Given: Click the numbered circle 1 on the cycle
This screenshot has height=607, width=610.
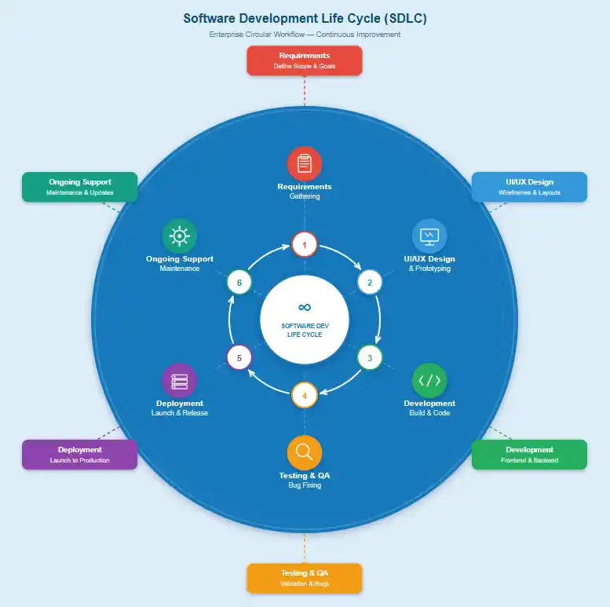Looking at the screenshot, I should click(305, 245).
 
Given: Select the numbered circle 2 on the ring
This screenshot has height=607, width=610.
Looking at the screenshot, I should click(370, 282).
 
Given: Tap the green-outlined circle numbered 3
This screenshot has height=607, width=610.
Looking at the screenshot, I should click(370, 358).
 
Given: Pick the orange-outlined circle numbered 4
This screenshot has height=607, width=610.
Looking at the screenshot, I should click(305, 395).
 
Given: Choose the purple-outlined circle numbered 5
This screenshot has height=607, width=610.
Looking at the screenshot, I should click(239, 358).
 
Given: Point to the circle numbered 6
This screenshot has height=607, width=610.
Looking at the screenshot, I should click(239, 282).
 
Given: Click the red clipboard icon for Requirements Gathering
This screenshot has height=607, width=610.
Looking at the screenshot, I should click(305, 164).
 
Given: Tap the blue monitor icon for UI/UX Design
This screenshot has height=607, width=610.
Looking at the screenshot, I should click(429, 236).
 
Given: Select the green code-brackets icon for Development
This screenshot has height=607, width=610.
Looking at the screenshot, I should click(429, 381).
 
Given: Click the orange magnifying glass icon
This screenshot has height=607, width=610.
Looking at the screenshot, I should click(305, 452).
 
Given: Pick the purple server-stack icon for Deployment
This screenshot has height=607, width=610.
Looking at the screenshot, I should click(180, 381).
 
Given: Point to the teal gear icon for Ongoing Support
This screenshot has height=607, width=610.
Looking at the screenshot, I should click(180, 236).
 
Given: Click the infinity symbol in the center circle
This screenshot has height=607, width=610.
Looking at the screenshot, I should click(305, 307).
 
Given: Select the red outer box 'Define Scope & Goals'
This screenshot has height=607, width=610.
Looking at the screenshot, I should click(305, 60).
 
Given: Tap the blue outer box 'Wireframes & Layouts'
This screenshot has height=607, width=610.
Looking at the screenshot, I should click(529, 187).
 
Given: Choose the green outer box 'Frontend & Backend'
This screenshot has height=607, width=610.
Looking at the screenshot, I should click(529, 455).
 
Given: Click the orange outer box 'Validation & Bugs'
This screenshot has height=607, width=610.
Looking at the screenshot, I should click(305, 578).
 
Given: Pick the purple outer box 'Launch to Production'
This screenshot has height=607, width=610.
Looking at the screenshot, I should click(79, 455).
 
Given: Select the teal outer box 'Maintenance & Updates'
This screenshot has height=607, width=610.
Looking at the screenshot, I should click(79, 187).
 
